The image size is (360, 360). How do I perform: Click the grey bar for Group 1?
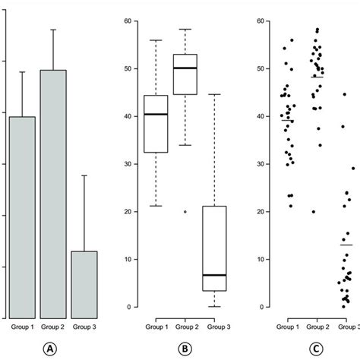(x=22, y=216)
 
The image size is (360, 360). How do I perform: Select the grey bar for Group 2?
(x=53, y=194)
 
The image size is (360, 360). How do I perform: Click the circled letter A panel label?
(x=52, y=349)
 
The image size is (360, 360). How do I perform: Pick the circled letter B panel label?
(x=185, y=349)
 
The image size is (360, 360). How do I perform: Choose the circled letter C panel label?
(x=319, y=349)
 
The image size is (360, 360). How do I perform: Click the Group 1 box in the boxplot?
(x=156, y=125)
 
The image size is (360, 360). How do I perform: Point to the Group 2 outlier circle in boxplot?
(x=185, y=212)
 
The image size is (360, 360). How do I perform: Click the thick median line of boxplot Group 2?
(x=185, y=68)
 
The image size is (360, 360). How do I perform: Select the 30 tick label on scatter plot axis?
(x=261, y=164)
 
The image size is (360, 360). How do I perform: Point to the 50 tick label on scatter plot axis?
(x=261, y=69)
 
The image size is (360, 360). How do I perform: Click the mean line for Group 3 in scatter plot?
(x=346, y=245)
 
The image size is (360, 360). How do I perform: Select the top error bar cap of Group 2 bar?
(x=53, y=30)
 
